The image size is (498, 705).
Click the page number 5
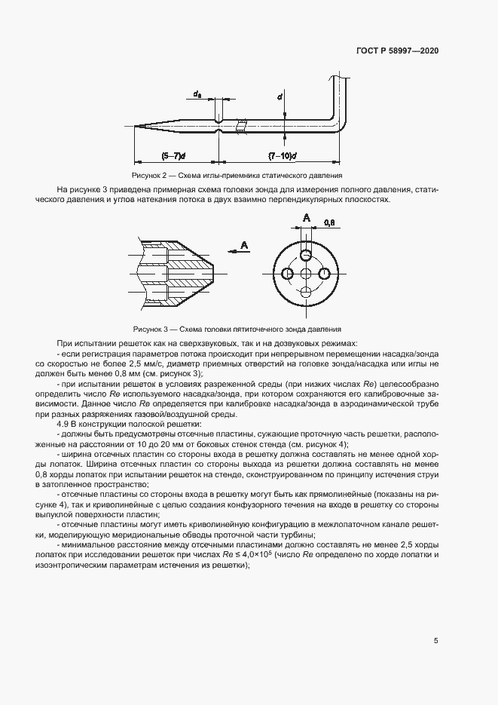pyautogui.click(x=435, y=641)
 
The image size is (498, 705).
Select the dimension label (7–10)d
pyautogui.click(x=283, y=155)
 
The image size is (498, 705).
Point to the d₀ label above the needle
pyautogui.click(x=197, y=94)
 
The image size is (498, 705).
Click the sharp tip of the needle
pyautogui.click(x=136, y=126)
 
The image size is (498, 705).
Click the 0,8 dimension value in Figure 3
pyautogui.click(x=328, y=223)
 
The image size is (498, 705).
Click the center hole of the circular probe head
pyautogui.click(x=305, y=274)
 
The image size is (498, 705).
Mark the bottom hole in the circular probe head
pyautogui.click(x=305, y=293)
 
